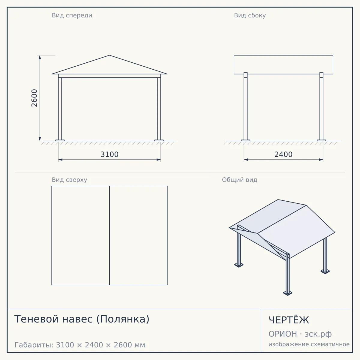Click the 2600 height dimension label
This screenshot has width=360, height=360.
(x=34, y=98)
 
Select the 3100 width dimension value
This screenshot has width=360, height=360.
(x=109, y=154)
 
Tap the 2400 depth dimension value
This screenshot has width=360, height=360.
(x=283, y=154)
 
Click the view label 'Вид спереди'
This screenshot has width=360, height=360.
(x=72, y=16)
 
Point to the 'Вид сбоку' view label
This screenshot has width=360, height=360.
(x=250, y=16)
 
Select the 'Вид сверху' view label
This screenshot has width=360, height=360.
(x=70, y=180)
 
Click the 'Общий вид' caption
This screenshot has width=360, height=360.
(x=239, y=180)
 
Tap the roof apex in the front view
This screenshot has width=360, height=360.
(x=109, y=55)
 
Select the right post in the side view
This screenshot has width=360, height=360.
(x=321, y=106)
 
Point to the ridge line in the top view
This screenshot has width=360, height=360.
(x=109, y=235)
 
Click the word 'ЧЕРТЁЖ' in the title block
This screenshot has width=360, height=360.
(x=289, y=320)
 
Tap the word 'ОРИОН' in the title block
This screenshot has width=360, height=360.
(x=283, y=334)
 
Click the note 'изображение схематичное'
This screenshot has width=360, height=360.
(x=309, y=344)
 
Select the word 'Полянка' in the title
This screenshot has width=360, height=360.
(x=123, y=319)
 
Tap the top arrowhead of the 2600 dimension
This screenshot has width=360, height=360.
(x=40, y=57)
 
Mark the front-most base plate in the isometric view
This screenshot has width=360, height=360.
(x=288, y=293)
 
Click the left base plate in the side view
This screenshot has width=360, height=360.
(x=245, y=140)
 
